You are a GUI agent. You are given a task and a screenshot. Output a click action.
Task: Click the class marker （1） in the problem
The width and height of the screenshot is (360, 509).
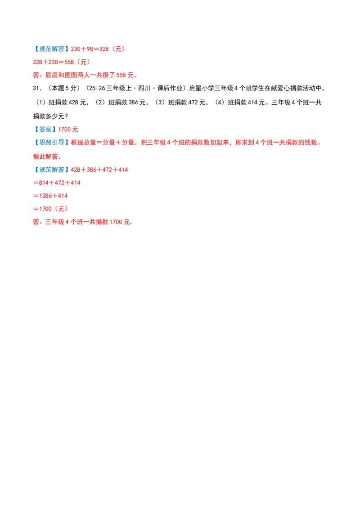click(x=40, y=103)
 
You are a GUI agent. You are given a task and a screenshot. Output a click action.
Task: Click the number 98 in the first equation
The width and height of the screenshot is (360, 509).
click(x=90, y=49)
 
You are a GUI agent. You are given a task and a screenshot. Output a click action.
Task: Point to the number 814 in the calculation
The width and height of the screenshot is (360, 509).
click(x=44, y=183)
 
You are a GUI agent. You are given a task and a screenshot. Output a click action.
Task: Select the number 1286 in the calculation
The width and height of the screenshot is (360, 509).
click(x=45, y=196)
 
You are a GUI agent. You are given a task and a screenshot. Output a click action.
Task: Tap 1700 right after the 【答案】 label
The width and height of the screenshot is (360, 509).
click(x=64, y=129)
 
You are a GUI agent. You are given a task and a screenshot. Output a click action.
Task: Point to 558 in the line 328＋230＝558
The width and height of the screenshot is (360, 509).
click(x=69, y=62)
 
